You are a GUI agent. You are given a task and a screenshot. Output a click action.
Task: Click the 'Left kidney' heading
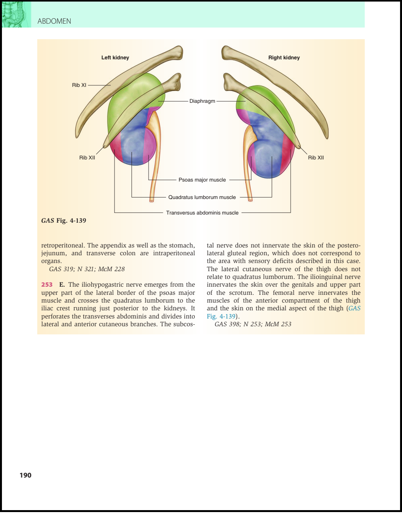coord(115,57)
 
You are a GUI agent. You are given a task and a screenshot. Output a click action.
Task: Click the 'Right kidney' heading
coord(284,57)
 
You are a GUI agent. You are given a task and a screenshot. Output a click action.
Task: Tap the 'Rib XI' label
coord(79,85)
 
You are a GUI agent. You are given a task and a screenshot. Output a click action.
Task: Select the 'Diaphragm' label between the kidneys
coord(202,101)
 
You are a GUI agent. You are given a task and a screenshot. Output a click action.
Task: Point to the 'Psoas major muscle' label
coord(202,180)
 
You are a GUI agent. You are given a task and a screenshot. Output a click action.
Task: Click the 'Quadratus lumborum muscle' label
coord(202,197)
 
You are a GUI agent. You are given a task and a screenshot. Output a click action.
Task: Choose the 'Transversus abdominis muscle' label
coord(202,213)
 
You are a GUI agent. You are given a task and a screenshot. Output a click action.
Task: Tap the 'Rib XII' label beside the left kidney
coord(87,157)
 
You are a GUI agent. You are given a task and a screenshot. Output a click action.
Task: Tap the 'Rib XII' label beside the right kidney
coord(316,157)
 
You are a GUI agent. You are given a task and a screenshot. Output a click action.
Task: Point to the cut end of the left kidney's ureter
coord(152,201)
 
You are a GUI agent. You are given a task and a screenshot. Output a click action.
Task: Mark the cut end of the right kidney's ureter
coord(250,200)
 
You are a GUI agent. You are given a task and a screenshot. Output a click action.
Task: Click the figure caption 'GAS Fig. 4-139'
coord(64,221)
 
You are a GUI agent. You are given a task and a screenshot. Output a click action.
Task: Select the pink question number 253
coord(47,285)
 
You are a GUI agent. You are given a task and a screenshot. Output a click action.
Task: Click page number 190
coord(26,475)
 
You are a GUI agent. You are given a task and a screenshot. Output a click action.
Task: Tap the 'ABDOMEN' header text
coord(54,21)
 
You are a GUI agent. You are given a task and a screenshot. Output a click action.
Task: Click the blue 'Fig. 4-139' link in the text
coord(221,316)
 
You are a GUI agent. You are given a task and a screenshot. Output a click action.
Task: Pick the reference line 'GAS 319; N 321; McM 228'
coord(87,269)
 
